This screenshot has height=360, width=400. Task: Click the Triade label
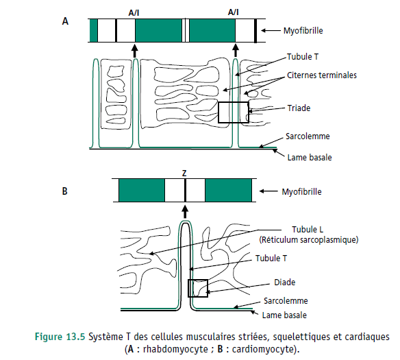tap(299, 108)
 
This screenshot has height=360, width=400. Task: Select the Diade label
tap(284, 282)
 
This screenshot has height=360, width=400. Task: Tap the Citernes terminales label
tap(322, 75)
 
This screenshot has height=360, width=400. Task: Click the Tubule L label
tap(308, 229)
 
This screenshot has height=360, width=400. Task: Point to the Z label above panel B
tap(184, 173)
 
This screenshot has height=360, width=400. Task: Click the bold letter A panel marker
tap(65, 21)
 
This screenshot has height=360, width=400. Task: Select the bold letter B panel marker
tap(65, 191)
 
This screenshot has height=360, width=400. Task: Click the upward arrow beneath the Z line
tap(185, 213)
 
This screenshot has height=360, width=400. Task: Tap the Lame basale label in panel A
tap(310, 157)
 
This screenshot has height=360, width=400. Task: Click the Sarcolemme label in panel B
tap(286, 301)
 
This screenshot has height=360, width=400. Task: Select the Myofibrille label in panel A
tap(303, 31)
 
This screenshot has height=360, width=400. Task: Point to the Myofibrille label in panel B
tap(301, 192)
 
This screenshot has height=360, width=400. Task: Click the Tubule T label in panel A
tap(303, 57)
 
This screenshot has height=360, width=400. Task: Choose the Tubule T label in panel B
tap(271, 258)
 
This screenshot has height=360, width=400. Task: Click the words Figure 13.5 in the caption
tap(60, 337)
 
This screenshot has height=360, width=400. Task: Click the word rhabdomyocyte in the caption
tap(175, 349)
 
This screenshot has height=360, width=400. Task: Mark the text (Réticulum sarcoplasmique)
tap(309, 240)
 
